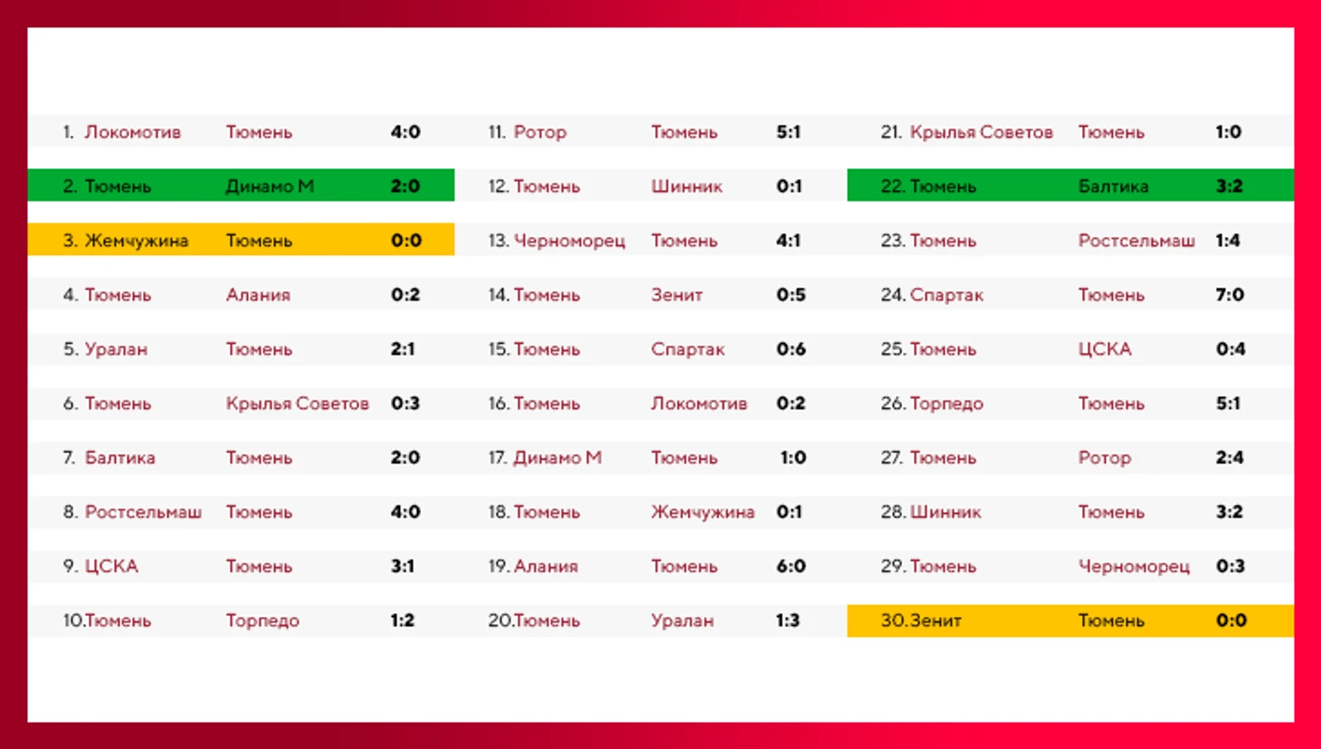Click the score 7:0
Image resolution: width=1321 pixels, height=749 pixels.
click(1230, 295)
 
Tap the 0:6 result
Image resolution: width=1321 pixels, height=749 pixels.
click(791, 349)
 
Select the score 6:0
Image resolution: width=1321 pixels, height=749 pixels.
click(791, 566)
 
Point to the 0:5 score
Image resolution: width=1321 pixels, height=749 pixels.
click(791, 295)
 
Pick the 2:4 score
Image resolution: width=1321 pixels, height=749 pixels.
click(1230, 458)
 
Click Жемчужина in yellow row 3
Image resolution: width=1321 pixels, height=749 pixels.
click(137, 241)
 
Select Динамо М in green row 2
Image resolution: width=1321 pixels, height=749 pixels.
click(270, 186)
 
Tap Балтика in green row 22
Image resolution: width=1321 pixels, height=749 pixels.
click(1113, 186)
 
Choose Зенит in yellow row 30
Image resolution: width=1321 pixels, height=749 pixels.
click(936, 621)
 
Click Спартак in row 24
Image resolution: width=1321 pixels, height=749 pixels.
click(946, 295)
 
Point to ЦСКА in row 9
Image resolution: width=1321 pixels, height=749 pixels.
click(111, 566)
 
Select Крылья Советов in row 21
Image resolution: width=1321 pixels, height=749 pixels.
click(982, 132)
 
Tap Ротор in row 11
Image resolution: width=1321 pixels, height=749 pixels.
click(540, 132)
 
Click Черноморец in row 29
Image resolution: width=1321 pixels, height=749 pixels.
click(1134, 566)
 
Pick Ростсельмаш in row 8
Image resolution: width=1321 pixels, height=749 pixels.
click(143, 512)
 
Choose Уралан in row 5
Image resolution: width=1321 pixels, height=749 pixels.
click(116, 349)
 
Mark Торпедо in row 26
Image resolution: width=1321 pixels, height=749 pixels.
click(946, 403)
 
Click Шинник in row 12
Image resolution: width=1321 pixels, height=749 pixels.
click(687, 186)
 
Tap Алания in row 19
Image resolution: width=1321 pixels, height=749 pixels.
click(546, 566)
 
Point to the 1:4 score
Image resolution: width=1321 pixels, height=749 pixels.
click(1228, 241)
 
